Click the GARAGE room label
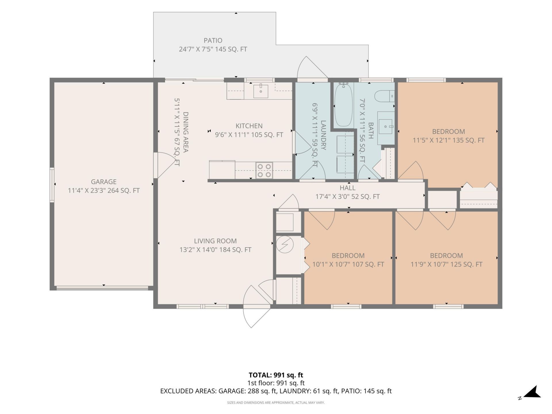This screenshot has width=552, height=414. coord(104,182)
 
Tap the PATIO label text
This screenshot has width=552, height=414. coord(213,41)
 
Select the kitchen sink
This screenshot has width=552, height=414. coord(261,91)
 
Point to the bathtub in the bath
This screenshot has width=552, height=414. coord(344,105)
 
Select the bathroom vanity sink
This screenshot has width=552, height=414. coord(386,127)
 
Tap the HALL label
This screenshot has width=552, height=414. coord(348,188)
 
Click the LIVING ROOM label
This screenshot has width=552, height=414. coord(215,241)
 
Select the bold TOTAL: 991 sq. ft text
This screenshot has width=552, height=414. coord(276,375)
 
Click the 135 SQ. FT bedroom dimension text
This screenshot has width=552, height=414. coord(448,140)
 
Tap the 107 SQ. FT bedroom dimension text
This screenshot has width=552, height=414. coord(348,264)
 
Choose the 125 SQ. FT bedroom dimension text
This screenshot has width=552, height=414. coord(446,264)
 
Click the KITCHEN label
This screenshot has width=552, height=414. coord(249,126)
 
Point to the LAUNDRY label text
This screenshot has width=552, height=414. coord(323,135)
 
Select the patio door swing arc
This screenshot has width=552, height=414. coord(312,67)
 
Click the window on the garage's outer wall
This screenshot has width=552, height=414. coord(52,185)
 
